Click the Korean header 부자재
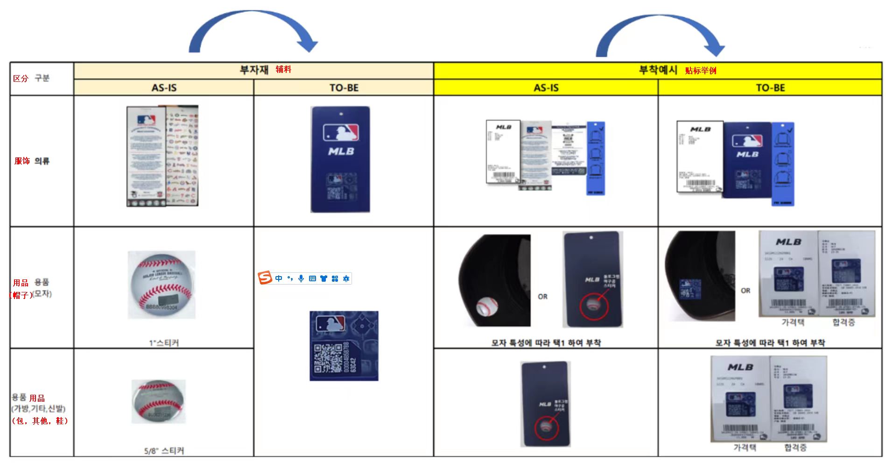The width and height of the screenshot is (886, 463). pos(254,70)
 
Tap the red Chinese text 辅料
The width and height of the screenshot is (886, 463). pos(283,70)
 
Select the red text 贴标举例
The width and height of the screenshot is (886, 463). pos(700,71)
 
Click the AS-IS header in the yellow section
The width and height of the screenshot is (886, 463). pos(546,88)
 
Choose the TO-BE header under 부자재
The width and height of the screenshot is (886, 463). pos(344,88)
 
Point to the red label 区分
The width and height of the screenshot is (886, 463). pos(21,78)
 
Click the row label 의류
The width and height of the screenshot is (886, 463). pos(42,161)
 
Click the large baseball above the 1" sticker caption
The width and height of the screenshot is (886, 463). pos(162,285)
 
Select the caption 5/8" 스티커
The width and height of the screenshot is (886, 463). pos(164,451)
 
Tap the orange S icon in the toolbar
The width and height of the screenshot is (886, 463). pos(265,278)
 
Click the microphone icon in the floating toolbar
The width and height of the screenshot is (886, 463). pos(301,278)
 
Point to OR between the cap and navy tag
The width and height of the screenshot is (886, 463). pos(542,297)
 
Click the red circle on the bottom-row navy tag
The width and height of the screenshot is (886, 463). pos(546,427)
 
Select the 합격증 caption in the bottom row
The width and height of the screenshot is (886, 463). pos(795,448)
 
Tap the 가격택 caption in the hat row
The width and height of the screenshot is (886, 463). pos(793,322)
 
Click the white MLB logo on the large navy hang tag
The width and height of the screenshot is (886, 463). pos(341,151)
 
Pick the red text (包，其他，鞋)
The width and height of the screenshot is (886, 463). pos(40,421)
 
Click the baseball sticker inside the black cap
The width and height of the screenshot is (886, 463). pos(487,306)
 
